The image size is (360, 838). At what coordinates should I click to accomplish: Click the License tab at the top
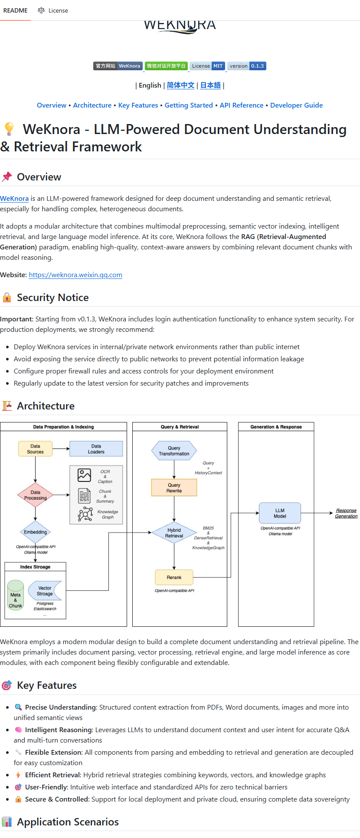(53, 10)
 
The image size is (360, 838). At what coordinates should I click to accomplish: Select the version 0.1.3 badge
(247, 66)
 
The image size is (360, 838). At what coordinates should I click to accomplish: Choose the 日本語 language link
(210, 85)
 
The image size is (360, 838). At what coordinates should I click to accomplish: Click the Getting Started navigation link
(189, 105)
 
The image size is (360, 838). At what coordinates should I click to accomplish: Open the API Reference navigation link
(242, 105)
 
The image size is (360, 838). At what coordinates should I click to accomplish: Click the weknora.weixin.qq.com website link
(75, 275)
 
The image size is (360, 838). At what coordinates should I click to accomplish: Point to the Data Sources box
(35, 449)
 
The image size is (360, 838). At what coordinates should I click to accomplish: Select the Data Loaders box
(96, 449)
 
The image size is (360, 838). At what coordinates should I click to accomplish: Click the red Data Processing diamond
(35, 495)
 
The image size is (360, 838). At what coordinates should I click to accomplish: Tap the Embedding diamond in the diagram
(35, 532)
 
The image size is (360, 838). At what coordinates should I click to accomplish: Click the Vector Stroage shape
(45, 591)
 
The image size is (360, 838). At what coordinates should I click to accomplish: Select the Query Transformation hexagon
(174, 451)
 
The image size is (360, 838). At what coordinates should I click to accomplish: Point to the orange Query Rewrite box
(174, 488)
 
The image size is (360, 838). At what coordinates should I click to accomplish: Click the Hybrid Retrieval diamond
(174, 533)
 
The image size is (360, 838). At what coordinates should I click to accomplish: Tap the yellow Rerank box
(174, 577)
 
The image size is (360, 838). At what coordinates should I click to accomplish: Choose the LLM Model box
(280, 513)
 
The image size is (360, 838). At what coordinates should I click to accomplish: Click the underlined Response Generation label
(346, 513)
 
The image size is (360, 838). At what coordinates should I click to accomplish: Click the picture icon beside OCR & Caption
(84, 475)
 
